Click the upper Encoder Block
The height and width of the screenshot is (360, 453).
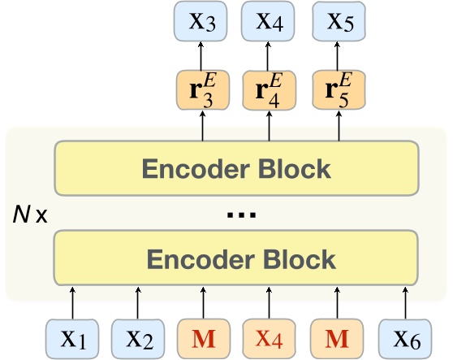(x=237, y=169)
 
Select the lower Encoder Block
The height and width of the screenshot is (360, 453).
(x=237, y=258)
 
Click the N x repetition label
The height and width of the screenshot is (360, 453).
(x=31, y=215)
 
